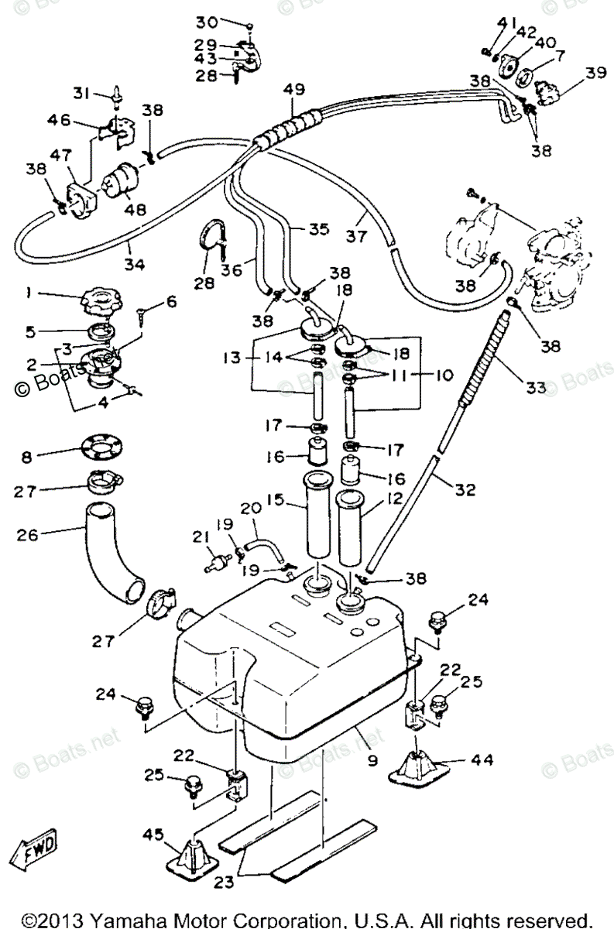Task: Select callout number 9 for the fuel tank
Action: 373,761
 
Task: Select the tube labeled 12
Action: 356,526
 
